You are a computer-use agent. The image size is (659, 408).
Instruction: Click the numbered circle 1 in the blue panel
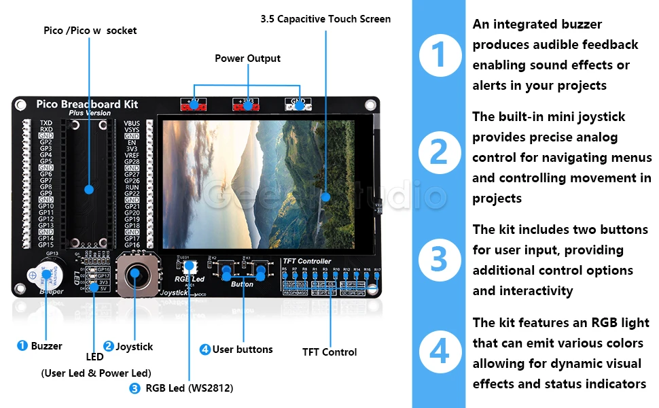click(x=440, y=54)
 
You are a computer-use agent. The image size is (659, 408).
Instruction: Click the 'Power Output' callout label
click(x=247, y=58)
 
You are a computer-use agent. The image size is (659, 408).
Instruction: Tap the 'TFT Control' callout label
click(x=329, y=352)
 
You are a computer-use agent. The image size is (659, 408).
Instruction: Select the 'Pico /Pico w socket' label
click(x=90, y=31)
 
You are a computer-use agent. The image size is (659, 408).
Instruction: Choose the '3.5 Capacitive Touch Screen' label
click(x=325, y=19)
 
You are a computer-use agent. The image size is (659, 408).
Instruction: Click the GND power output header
click(x=298, y=105)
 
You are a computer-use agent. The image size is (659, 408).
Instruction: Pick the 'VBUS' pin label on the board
click(x=132, y=123)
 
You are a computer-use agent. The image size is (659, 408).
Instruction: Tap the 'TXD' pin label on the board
click(x=46, y=123)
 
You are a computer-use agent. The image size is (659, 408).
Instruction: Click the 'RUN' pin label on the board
click(x=132, y=187)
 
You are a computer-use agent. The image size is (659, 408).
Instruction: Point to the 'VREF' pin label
click(x=132, y=155)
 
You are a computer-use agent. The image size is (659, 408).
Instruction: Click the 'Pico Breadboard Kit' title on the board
click(x=87, y=104)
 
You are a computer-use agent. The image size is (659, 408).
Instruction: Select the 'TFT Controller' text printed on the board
click(x=306, y=261)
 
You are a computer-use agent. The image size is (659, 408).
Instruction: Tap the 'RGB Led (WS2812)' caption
click(x=189, y=388)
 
